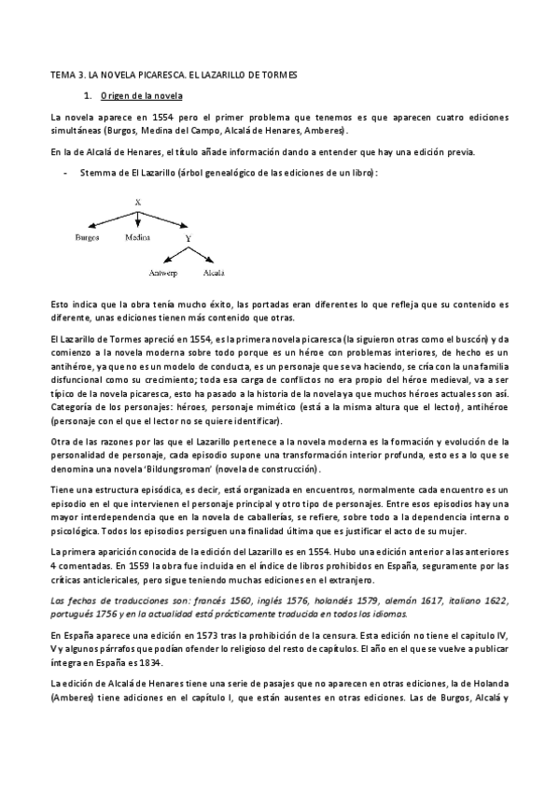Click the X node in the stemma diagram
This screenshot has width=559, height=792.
[137, 203]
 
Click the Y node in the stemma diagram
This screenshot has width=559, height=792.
[188, 238]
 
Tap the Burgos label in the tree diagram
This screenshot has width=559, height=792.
[88, 238]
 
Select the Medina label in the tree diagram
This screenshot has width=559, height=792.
[137, 238]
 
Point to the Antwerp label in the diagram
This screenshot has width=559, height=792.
[162, 274]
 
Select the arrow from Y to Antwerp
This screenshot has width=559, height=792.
[174, 256]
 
